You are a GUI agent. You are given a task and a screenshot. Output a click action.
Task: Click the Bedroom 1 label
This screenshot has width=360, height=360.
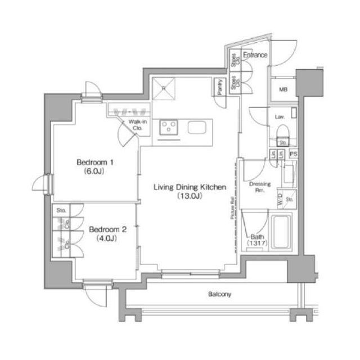click(x=95, y=163)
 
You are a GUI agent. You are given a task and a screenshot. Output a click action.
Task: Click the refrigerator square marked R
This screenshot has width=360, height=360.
click(x=164, y=88)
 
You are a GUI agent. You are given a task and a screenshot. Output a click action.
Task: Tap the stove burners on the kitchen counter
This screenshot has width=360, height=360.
click(x=168, y=128)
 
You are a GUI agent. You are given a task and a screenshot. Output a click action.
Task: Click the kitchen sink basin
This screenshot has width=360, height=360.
click(x=197, y=128)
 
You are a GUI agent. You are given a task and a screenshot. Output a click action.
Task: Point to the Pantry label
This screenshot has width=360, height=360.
click(x=218, y=88)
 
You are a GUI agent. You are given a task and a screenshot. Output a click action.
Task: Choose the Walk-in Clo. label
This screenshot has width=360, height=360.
click(x=137, y=124)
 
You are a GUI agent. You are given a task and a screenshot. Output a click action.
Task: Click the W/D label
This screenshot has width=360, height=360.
click(x=280, y=198)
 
